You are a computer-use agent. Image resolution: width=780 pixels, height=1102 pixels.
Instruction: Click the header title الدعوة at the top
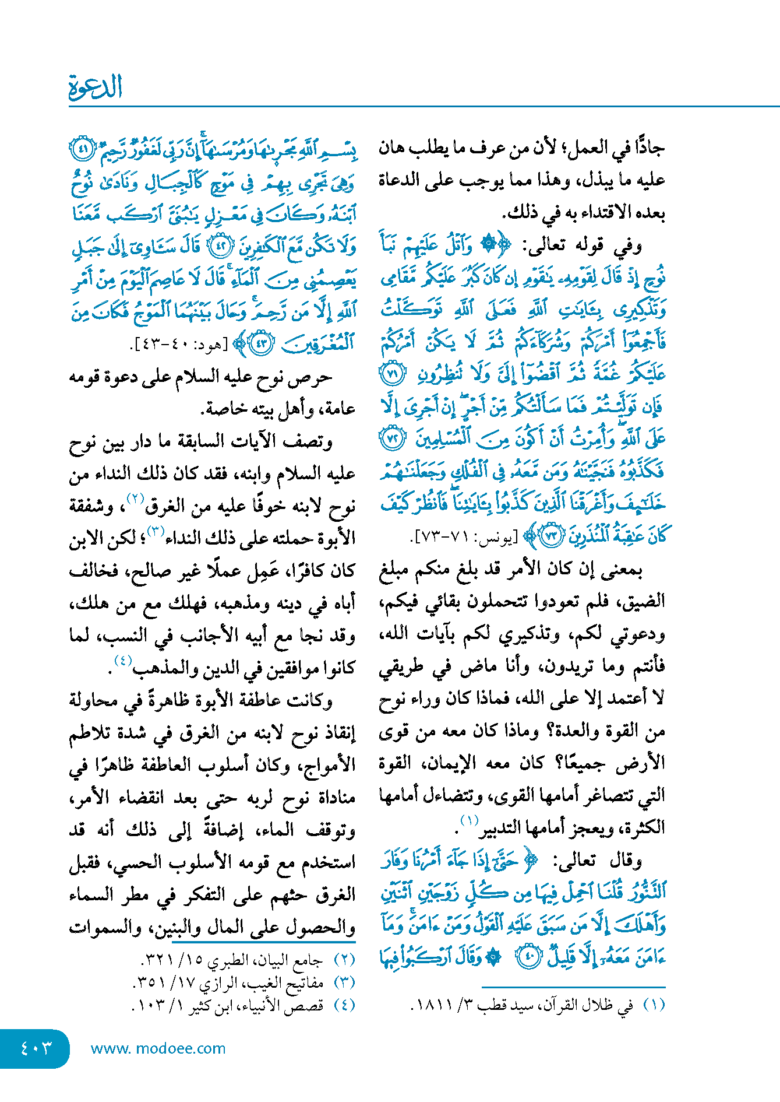point(96,87)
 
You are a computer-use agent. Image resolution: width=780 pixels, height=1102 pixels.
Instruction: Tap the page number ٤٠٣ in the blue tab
point(36,1048)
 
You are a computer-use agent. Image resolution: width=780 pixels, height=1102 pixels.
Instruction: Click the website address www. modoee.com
point(158,1048)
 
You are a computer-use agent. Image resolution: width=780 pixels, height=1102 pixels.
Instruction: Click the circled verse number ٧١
point(391,374)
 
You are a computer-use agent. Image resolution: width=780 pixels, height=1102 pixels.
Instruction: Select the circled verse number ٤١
point(82,149)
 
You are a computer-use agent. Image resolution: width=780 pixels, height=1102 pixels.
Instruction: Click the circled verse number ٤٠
point(530,957)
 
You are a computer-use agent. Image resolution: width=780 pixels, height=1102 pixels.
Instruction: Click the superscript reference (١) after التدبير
point(469,820)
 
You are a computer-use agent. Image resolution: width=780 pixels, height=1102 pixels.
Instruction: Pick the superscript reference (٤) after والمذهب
point(123,661)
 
